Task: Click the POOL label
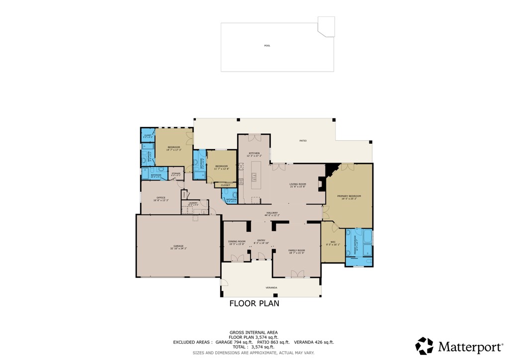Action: [x=267, y=46]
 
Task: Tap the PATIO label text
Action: [x=303, y=141]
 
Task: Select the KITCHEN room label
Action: [x=254, y=153]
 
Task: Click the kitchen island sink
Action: [x=254, y=175]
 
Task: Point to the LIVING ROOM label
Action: [x=298, y=184]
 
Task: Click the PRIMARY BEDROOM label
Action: [x=349, y=196]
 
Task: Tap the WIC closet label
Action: [x=333, y=242]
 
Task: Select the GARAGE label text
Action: [x=178, y=246]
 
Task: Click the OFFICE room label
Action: [x=161, y=198]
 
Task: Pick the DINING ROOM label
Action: [x=237, y=242]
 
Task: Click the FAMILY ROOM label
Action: [x=296, y=251]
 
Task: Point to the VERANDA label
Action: [x=271, y=287]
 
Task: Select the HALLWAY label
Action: [x=272, y=213]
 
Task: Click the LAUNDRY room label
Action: [x=193, y=203]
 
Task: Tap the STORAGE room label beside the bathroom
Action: [x=176, y=174]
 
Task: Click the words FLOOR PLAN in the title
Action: [x=254, y=303]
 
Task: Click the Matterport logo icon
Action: [x=424, y=346]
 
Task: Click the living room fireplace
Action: [x=323, y=184]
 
